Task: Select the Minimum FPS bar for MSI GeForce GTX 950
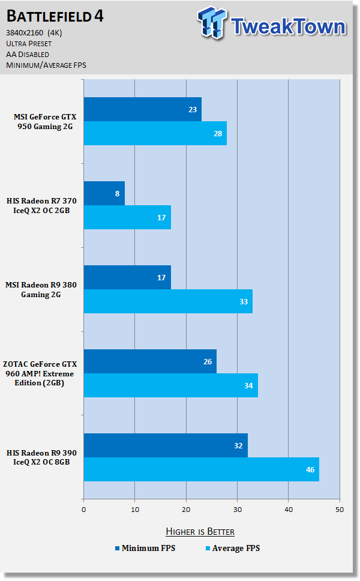[x=142, y=109]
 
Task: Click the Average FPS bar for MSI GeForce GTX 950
[x=155, y=133]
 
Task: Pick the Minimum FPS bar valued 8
[x=104, y=193]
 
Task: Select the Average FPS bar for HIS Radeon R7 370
[x=127, y=217]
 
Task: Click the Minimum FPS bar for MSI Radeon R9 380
[x=127, y=277]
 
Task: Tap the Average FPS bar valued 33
[x=168, y=301]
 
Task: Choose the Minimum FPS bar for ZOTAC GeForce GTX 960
[x=150, y=361]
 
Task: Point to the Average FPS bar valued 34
[x=170, y=385]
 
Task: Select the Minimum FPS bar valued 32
[x=165, y=445]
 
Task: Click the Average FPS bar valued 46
[x=201, y=469]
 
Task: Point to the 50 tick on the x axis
[x=340, y=510]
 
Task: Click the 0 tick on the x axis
[x=83, y=510]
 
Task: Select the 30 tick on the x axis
[x=238, y=510]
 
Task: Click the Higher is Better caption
[x=200, y=532]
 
